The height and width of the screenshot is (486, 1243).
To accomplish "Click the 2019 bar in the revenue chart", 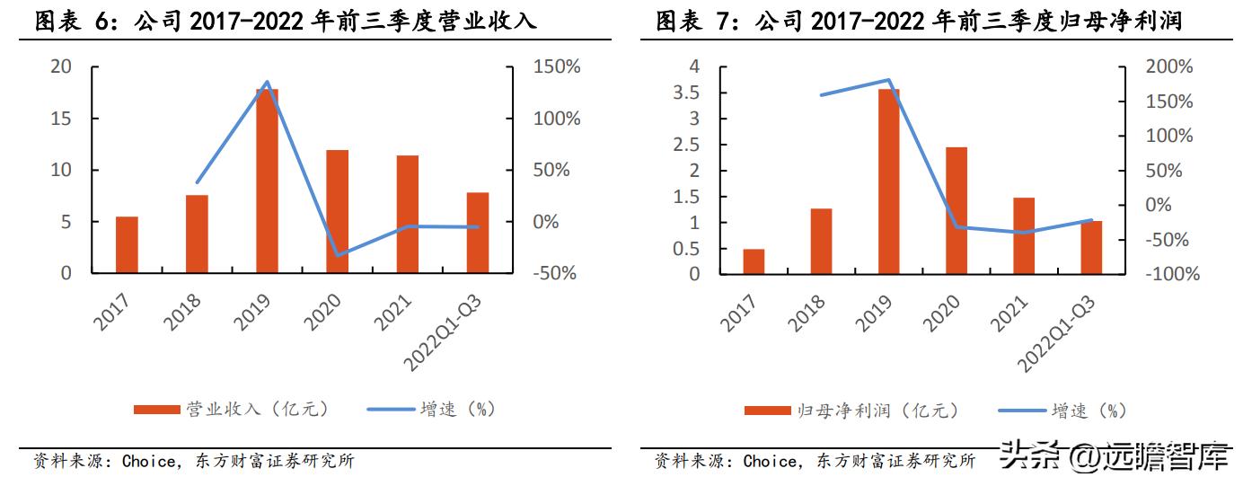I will click(x=267, y=181).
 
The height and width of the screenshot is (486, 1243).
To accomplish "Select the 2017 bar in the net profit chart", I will click(x=754, y=261).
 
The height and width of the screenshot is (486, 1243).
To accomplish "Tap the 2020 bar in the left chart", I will click(x=337, y=211).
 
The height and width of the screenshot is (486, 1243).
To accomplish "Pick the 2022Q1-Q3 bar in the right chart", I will click(x=1090, y=247).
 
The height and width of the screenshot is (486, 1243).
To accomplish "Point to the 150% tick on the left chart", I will click(x=554, y=66).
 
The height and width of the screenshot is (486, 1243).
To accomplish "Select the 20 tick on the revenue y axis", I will click(x=62, y=66).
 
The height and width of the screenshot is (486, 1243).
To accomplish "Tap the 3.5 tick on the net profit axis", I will click(x=687, y=93).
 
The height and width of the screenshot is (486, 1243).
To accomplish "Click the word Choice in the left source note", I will click(x=149, y=463).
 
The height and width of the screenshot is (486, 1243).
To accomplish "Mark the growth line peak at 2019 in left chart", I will click(x=267, y=82).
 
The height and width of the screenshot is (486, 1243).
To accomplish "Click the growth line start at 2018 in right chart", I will click(x=821, y=95).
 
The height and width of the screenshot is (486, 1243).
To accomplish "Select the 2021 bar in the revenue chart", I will click(x=407, y=214).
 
